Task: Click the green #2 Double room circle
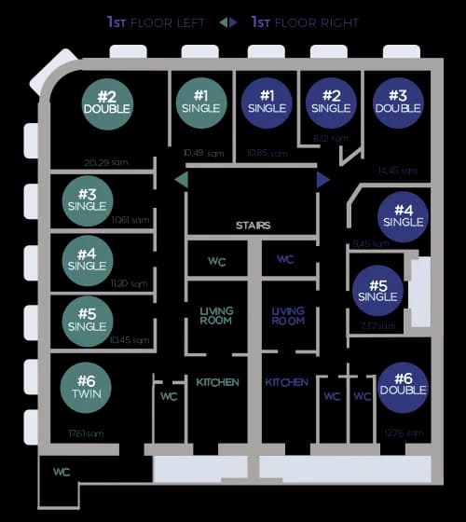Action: (x=106, y=103)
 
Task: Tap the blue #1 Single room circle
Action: (x=267, y=103)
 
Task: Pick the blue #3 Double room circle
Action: (x=398, y=103)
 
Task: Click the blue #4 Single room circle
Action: (x=404, y=216)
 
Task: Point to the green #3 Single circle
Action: (x=88, y=199)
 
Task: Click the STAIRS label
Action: (x=253, y=226)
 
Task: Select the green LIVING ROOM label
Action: (x=216, y=315)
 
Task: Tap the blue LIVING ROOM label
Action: (x=288, y=315)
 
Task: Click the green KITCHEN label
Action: (x=217, y=382)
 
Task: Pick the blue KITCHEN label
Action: (x=287, y=382)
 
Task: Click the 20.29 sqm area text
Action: (x=103, y=163)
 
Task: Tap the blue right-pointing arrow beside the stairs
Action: (x=323, y=179)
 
